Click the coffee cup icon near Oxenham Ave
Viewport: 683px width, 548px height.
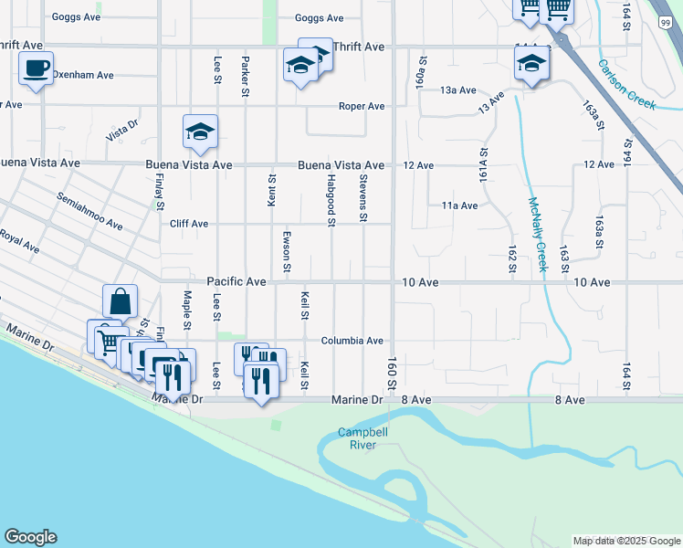click(x=36, y=68)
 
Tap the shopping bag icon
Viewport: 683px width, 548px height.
click(x=121, y=300)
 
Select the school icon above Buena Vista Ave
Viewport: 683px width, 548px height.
click(x=200, y=132)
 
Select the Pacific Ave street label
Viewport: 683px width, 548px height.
click(x=236, y=282)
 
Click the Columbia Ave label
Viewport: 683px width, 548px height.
click(x=352, y=341)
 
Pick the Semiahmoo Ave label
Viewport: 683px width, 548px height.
click(x=89, y=211)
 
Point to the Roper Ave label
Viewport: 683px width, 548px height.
click(x=362, y=106)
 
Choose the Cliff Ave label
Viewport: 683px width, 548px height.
click(x=189, y=224)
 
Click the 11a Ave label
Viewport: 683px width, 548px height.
click(x=459, y=205)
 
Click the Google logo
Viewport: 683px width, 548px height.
click(x=30, y=537)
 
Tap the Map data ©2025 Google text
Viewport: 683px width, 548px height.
click(x=626, y=541)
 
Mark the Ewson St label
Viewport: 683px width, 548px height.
click(x=286, y=251)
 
